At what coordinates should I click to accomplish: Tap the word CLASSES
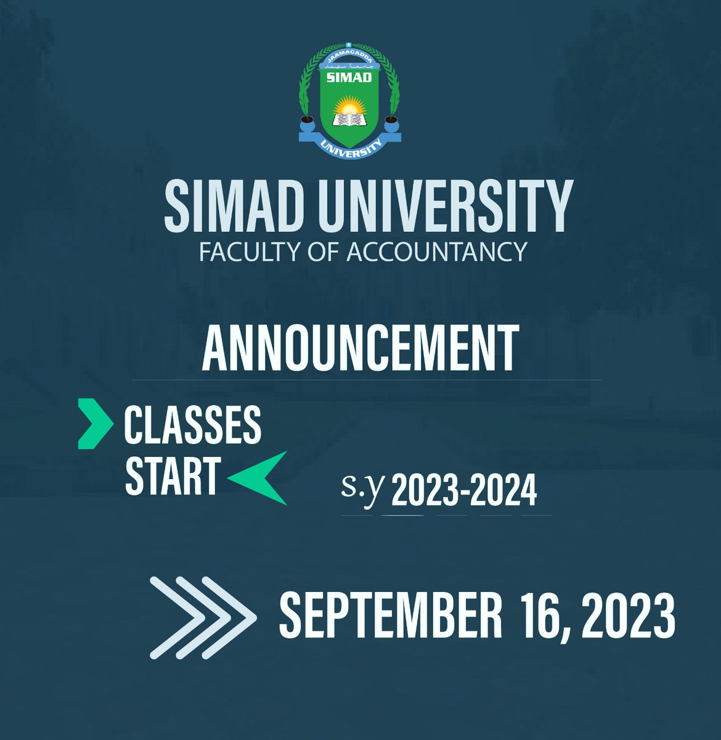click(192, 425)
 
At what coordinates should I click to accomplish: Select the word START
click(172, 475)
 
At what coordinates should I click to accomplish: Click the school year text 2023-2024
click(464, 493)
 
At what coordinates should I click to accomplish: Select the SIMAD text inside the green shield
click(349, 77)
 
